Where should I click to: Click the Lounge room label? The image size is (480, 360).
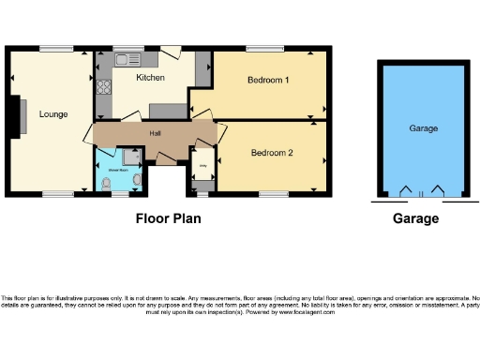[53, 114]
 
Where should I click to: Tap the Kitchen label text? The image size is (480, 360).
[151, 77]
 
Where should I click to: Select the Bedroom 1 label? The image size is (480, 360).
[267, 80]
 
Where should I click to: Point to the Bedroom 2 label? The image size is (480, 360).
[272, 152]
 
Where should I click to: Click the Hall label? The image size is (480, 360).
[156, 133]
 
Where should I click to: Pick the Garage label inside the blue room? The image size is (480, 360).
[423, 127]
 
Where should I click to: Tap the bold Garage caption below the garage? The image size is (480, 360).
[414, 218]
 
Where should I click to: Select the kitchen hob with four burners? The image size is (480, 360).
[101, 94]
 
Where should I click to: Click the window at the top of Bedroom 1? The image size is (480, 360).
[260, 48]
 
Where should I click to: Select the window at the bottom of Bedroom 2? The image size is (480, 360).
[273, 194]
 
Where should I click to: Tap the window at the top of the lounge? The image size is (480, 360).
[52, 48]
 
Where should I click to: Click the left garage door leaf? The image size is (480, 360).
[405, 192]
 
